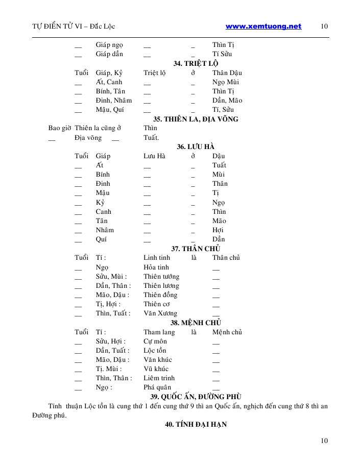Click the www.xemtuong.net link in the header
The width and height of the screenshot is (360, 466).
[263, 27]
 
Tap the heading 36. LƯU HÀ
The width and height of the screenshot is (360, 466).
[196, 146]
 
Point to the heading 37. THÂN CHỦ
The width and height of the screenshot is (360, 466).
[196, 249]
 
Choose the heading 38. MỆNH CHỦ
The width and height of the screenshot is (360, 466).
[196, 323]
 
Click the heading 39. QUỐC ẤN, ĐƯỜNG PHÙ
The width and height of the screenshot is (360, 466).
[196, 397]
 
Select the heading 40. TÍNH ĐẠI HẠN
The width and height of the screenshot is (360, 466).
[196, 424]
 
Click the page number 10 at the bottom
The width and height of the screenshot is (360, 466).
[324, 441]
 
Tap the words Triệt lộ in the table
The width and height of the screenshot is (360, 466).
[154, 72]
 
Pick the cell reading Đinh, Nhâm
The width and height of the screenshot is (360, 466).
[113, 100]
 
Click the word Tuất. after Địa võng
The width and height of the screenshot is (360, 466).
[151, 137]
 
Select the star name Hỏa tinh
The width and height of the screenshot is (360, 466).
[156, 267]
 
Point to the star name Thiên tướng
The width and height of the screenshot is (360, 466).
[161, 276]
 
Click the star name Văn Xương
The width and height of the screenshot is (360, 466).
[160, 313]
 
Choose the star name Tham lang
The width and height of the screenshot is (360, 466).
[159, 332]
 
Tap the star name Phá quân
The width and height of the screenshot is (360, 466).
[157, 387]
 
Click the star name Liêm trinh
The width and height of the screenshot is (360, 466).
[159, 378]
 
